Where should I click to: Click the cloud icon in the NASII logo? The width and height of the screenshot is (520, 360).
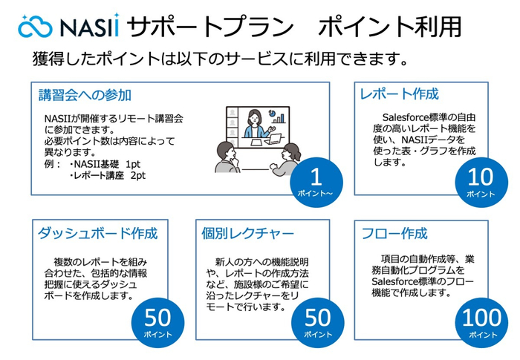pyautogui.click(x=33, y=27)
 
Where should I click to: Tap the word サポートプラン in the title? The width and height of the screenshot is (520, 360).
pyautogui.click(x=207, y=26)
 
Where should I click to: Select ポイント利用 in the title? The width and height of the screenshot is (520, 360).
pyautogui.click(x=389, y=26)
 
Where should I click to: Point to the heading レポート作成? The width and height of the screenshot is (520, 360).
pyautogui.click(x=398, y=94)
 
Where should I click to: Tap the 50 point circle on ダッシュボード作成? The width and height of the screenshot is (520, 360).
pyautogui.click(x=157, y=321)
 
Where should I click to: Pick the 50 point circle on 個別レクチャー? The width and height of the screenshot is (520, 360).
pyautogui.click(x=317, y=321)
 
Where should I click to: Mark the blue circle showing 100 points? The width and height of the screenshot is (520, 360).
pyautogui.click(x=481, y=321)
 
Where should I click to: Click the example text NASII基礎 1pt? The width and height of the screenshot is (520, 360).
pyautogui.click(x=104, y=164)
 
